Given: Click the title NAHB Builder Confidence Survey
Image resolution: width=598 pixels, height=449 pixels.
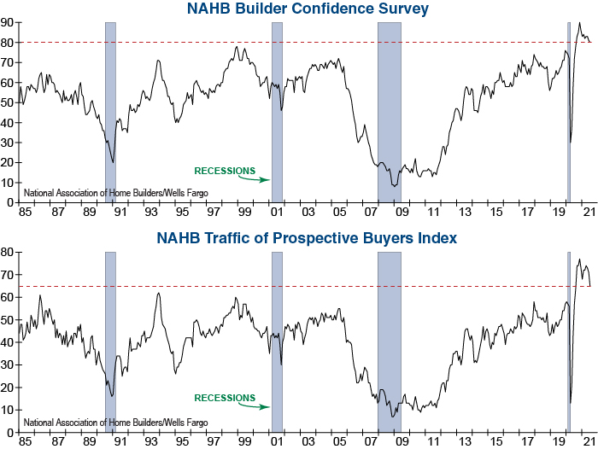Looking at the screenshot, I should [x=307, y=9].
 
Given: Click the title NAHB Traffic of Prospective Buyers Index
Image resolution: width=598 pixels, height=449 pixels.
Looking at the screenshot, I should [x=307, y=237].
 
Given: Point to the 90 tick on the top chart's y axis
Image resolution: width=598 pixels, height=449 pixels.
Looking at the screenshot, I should [x=8, y=22].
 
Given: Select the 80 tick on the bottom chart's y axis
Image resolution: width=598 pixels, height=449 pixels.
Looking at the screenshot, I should [x=8, y=253].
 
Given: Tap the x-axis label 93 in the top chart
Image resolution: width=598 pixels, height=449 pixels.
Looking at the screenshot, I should [x=150, y=212].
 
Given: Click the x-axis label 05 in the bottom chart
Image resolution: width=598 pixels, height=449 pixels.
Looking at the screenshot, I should [x=340, y=442].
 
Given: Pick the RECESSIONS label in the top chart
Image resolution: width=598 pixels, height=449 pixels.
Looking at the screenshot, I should [x=225, y=169].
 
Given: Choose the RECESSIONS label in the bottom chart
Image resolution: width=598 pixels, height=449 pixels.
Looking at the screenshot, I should [x=225, y=398].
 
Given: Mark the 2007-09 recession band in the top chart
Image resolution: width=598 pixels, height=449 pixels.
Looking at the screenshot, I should [x=390, y=111].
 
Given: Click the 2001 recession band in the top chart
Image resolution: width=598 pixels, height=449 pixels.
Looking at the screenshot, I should [x=277, y=111].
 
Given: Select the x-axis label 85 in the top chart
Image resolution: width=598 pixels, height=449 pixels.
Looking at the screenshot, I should [x=24, y=212].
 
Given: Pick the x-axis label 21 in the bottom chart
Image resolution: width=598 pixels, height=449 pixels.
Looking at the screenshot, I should [x=589, y=442].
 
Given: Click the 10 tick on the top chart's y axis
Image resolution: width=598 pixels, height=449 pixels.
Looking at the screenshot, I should [x=8, y=183].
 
